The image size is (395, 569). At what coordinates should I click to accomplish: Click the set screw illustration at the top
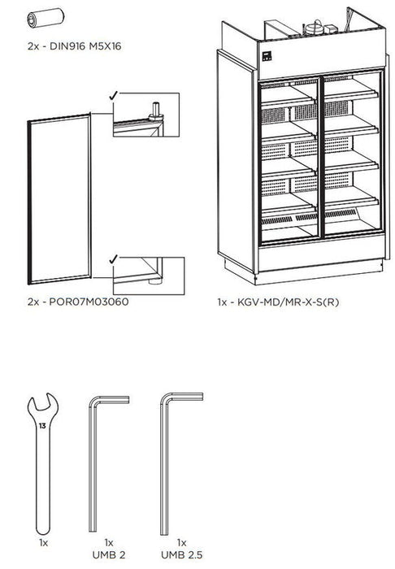41,17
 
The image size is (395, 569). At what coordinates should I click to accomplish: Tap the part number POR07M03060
78,301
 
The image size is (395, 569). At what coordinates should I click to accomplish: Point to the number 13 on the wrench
41,425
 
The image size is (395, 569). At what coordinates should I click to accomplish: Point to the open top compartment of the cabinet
305,24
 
